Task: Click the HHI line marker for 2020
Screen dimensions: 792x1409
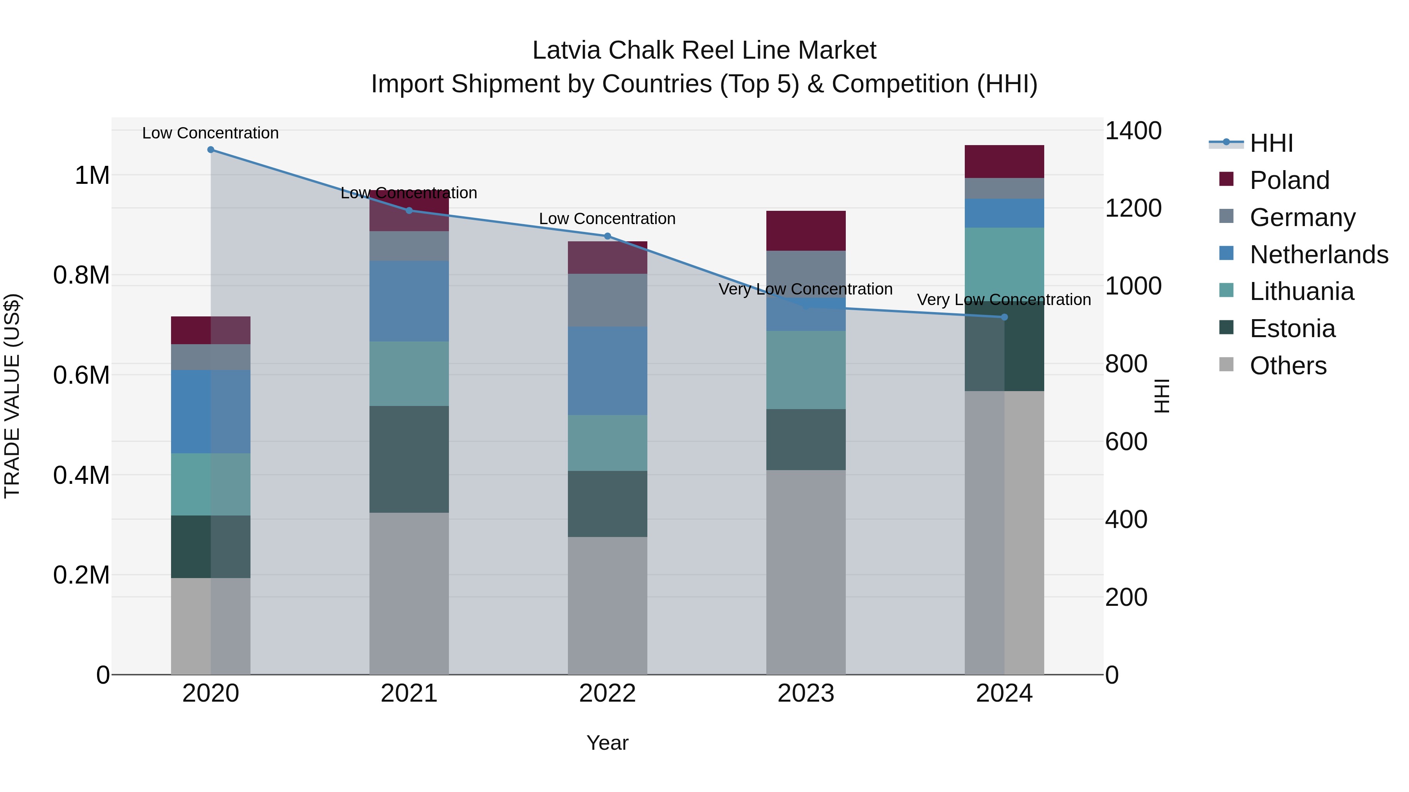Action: pyautogui.click(x=211, y=150)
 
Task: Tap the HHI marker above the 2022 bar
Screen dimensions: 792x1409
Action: pyautogui.click(x=607, y=236)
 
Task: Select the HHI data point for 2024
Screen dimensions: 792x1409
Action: pyautogui.click(x=1004, y=317)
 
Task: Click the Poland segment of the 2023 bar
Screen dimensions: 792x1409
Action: pyautogui.click(x=806, y=231)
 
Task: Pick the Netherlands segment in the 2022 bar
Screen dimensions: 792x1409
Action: pyautogui.click(x=607, y=371)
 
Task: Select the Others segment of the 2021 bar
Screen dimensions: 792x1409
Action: pyautogui.click(x=409, y=593)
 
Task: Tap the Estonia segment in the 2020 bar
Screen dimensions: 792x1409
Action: pyautogui.click(x=211, y=547)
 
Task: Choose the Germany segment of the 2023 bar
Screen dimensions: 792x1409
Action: pyautogui.click(x=806, y=273)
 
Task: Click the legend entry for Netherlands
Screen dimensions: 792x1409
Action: pyautogui.click(x=1319, y=255)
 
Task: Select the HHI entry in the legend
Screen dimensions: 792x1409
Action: pyautogui.click(x=1271, y=143)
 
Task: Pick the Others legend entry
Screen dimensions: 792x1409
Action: pyautogui.click(x=1288, y=366)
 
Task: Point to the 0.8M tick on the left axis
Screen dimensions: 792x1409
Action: pyautogui.click(x=81, y=275)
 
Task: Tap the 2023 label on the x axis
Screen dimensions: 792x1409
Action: pyautogui.click(x=806, y=693)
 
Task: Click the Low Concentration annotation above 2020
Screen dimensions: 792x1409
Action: pyautogui.click(x=211, y=133)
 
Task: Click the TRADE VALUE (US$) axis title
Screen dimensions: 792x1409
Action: pyautogui.click(x=12, y=396)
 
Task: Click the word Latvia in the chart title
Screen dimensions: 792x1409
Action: pyautogui.click(x=567, y=50)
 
